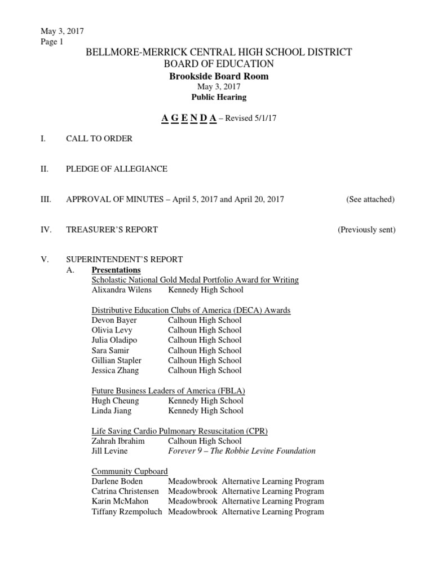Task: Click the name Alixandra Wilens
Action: click(121, 290)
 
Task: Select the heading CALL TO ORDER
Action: click(99, 138)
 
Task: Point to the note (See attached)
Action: click(370, 199)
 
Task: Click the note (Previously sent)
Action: click(366, 229)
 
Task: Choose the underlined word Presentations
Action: click(116, 270)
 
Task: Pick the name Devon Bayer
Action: click(114, 320)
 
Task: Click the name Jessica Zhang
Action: click(115, 370)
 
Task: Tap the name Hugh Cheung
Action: click(115, 401)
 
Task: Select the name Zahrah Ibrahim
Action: click(118, 441)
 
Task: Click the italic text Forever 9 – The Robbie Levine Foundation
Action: click(242, 451)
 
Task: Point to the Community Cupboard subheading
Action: click(129, 471)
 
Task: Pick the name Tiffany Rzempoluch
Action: click(126, 511)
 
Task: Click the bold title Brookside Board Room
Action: click(219, 76)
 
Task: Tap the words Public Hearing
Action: click(219, 97)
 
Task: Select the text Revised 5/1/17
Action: click(250, 118)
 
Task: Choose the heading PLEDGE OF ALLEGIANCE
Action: click(117, 169)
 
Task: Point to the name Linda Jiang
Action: click(111, 411)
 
